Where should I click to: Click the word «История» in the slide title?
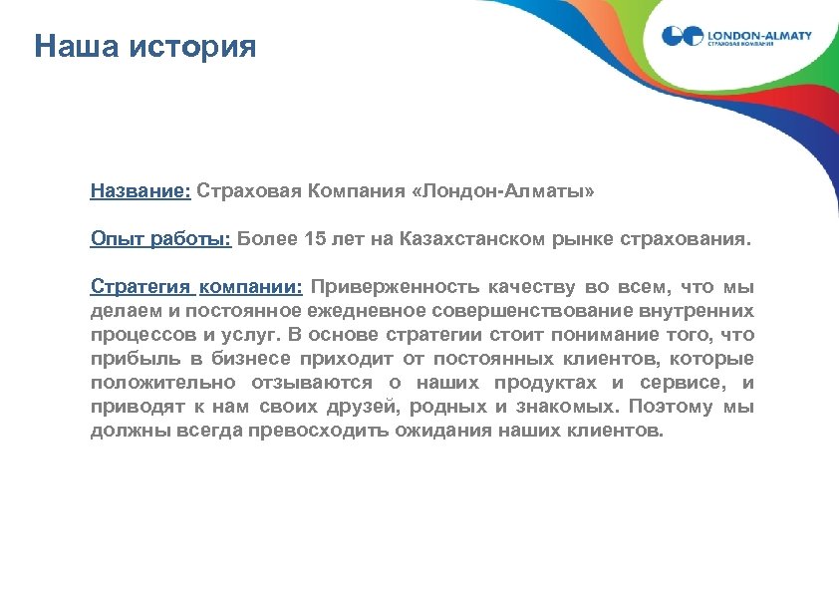pyautogui.click(x=192, y=47)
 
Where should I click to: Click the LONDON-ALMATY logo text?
pyautogui.click(x=759, y=35)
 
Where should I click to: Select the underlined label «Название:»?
pyautogui.click(x=140, y=189)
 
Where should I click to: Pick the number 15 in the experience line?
pyautogui.click(x=317, y=239)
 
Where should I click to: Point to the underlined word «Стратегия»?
pyautogui.click(x=140, y=288)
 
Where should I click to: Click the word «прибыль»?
pyautogui.click(x=130, y=359)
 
